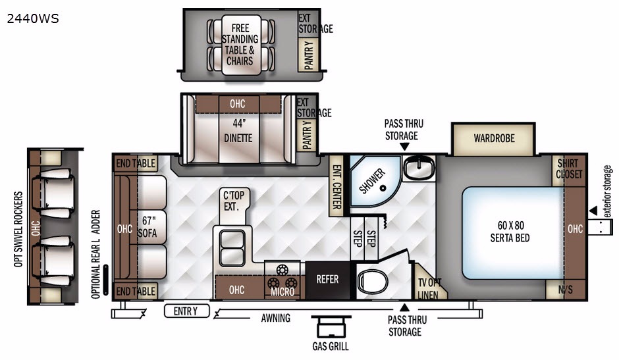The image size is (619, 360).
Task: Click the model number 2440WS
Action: tap(33, 18)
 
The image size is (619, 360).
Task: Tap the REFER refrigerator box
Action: tap(328, 280)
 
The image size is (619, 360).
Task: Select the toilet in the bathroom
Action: tap(371, 282)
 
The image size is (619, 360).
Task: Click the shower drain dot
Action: tap(383, 188)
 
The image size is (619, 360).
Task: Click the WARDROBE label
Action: tap(495, 139)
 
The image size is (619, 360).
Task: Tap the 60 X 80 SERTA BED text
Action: tap(510, 232)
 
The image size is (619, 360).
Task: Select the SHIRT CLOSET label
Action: tap(569, 169)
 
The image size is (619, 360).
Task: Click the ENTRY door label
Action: tap(186, 311)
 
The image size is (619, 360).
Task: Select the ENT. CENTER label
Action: tap(336, 186)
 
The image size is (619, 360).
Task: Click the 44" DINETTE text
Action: tap(238, 131)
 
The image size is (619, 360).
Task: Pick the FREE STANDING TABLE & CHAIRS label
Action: tap(240, 45)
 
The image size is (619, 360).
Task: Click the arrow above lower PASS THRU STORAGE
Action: tap(404, 308)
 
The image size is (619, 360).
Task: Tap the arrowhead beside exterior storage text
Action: tap(593, 211)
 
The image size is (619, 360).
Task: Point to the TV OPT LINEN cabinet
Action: tap(429, 282)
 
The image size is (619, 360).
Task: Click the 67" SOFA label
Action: tap(148, 227)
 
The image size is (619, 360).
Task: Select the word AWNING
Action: tap(275, 318)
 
